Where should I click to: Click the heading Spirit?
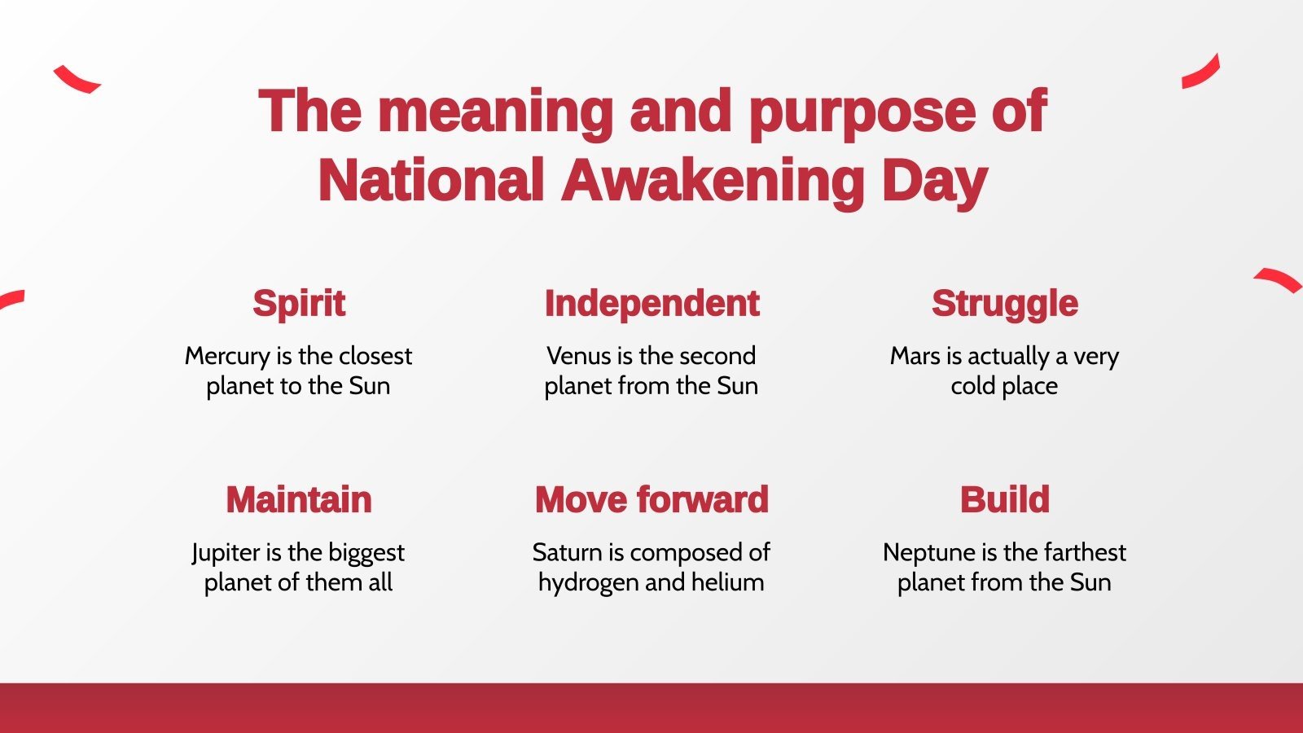[299, 304]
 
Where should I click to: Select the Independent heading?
[651, 304]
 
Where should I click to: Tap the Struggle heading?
[1004, 304]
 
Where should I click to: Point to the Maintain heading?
[299, 499]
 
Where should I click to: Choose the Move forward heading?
[651, 499]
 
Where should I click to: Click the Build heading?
[1004, 499]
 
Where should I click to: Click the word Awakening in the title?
[713, 180]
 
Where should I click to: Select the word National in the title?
[431, 180]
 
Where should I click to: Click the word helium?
[727, 582]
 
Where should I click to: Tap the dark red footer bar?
[651, 708]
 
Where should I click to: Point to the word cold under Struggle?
[972, 386]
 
